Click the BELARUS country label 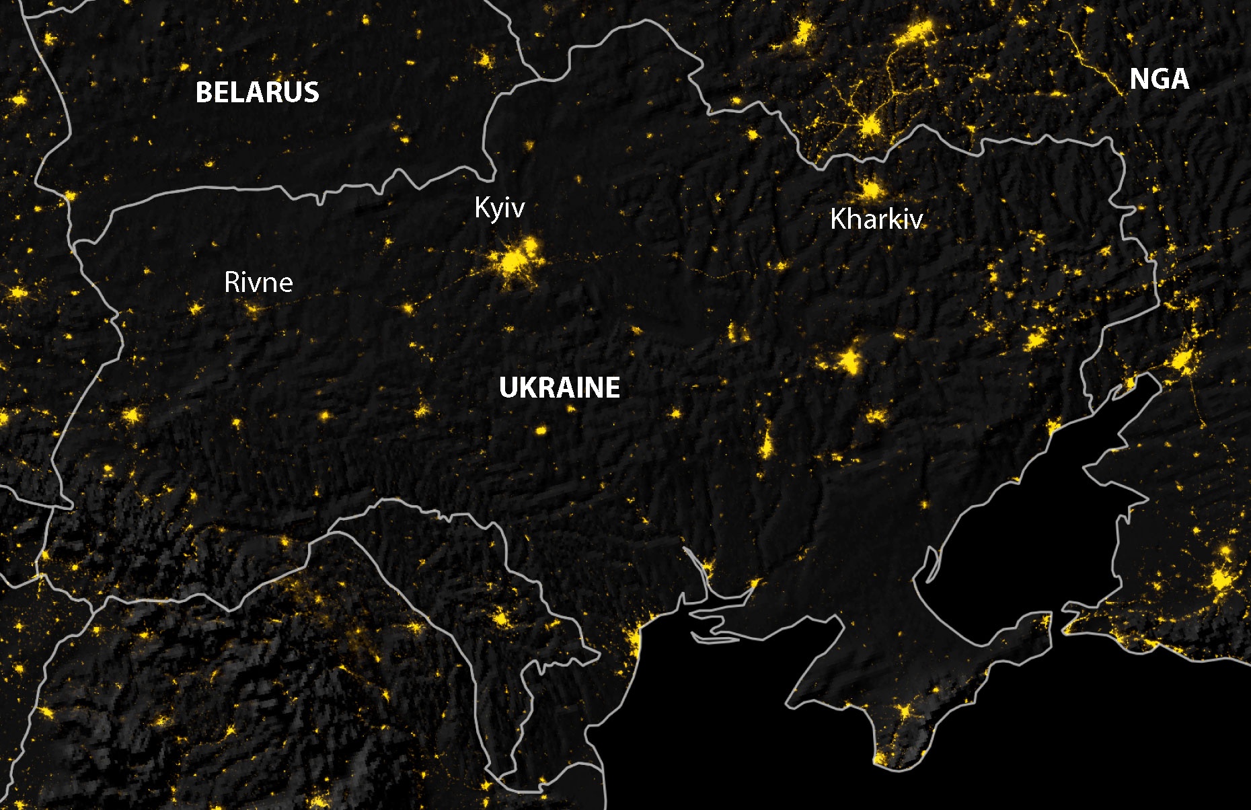257,92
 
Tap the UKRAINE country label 560,388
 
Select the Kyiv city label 499,208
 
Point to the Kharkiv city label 876,219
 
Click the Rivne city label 258,283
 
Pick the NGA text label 1159,79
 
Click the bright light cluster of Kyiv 515,260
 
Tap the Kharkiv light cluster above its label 872,190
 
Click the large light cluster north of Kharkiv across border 870,125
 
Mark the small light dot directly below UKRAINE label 541,429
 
